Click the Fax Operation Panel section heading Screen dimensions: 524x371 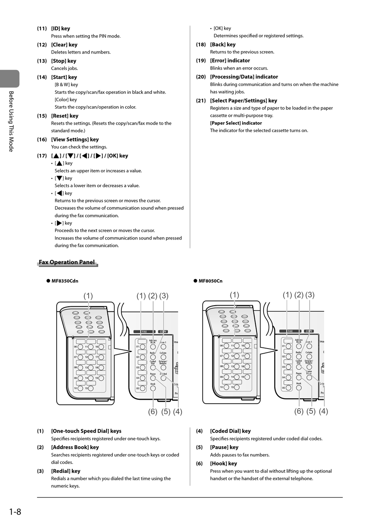point(67,262)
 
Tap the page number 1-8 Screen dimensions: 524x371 point(15,511)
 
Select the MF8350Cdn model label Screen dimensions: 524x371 point(65,281)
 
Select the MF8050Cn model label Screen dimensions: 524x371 point(210,281)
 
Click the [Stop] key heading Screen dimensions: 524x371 point(64,61)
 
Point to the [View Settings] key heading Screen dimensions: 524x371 point(75,139)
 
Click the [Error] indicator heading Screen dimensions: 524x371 point(230,61)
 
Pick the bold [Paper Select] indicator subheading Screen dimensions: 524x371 point(236,123)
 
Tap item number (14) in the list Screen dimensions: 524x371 point(42,77)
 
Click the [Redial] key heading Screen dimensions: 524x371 point(66,471)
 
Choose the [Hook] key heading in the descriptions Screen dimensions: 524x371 point(223,463)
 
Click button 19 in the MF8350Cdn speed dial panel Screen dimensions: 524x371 point(101,378)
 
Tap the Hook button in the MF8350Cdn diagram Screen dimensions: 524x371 point(153,388)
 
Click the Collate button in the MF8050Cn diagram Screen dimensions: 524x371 point(309,356)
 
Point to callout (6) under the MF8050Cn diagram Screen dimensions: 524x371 point(299,411)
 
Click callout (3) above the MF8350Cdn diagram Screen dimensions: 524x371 point(164,296)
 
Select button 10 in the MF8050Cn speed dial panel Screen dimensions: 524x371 point(226,387)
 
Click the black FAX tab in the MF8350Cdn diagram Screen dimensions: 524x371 point(144,332)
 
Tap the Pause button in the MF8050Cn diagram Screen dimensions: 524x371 point(299,377)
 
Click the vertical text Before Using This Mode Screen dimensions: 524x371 point(11,121)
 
